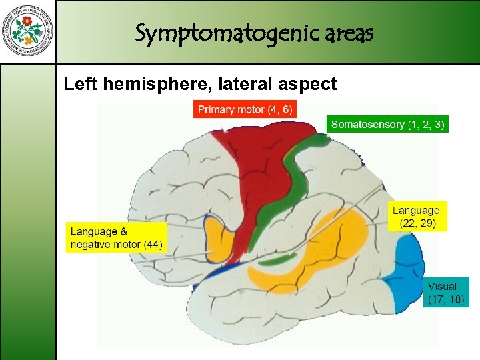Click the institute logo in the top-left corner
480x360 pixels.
pos(27,31)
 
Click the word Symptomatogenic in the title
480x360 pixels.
pos(193,33)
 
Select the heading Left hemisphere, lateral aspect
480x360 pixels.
pos(200,84)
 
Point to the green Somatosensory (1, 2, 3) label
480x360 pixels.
pos(387,125)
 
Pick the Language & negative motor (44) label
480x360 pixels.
pos(115,238)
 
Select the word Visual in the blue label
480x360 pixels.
pos(443,286)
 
